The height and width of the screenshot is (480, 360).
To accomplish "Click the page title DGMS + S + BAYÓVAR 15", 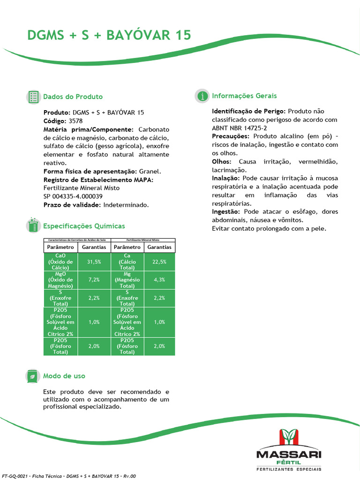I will (109, 36).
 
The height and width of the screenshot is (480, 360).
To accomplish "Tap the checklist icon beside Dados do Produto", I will (33, 97).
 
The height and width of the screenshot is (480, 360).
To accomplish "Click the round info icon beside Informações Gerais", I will (202, 96).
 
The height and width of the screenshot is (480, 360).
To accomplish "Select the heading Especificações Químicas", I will (84, 226).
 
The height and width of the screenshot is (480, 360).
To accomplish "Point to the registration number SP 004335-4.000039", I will (73, 196).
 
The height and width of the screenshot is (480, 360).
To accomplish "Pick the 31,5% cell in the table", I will (94, 262).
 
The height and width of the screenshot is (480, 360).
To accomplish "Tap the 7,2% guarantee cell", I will (94, 279).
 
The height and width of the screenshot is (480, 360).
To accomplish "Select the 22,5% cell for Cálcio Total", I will (159, 262).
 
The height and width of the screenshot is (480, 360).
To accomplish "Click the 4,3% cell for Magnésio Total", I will (159, 279).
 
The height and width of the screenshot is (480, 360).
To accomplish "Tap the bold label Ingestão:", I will (227, 212).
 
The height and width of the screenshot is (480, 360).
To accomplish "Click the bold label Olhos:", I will (222, 161).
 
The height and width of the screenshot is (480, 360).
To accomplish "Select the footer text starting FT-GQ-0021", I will (69, 476).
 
